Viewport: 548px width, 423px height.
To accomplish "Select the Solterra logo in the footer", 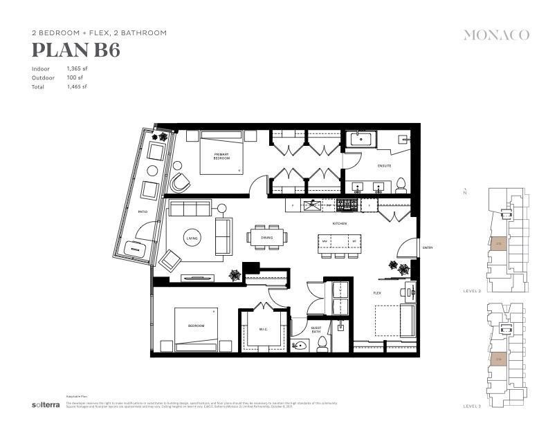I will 44,404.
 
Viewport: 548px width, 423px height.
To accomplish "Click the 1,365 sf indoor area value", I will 77,69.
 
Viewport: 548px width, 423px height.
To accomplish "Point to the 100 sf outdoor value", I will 74,78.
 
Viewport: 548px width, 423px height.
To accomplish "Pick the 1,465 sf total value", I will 77,87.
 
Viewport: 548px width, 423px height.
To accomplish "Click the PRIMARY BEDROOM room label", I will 221,156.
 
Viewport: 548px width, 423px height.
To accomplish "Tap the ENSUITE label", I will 384,166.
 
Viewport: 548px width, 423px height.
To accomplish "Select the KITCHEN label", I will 339,224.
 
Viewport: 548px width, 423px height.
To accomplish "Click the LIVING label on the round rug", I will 192,238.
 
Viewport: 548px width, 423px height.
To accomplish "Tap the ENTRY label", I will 428,247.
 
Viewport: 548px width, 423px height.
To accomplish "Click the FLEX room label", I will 377,293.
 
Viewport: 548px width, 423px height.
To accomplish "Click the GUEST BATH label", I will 316,331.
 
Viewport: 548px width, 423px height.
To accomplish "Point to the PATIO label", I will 143,211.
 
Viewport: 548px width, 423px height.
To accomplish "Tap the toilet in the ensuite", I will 401,184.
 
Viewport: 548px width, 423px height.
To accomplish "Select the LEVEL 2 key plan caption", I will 472,291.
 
